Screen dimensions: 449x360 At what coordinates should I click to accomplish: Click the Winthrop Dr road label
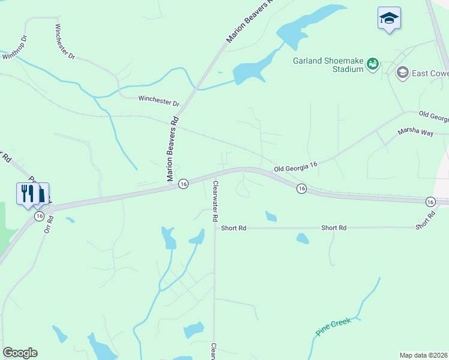click(x=16, y=48)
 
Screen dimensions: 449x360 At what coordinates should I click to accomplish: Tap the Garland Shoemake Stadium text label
click(x=329, y=64)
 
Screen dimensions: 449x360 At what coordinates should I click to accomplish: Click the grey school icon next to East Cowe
click(x=402, y=73)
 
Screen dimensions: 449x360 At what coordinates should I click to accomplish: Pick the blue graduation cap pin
click(x=389, y=19)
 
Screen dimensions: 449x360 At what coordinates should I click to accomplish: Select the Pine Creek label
click(x=333, y=327)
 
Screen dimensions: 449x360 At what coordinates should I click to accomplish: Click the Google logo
click(x=20, y=353)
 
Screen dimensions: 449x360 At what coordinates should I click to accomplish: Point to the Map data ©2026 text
click(x=424, y=355)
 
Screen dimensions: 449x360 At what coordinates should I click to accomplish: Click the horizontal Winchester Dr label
click(x=158, y=100)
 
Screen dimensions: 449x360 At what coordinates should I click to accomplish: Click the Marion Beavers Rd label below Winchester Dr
click(x=173, y=148)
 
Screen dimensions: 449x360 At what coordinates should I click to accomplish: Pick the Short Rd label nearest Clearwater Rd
click(x=234, y=228)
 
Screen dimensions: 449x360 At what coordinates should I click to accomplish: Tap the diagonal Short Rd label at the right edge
click(x=425, y=218)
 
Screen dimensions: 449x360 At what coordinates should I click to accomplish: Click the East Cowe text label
click(x=430, y=73)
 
